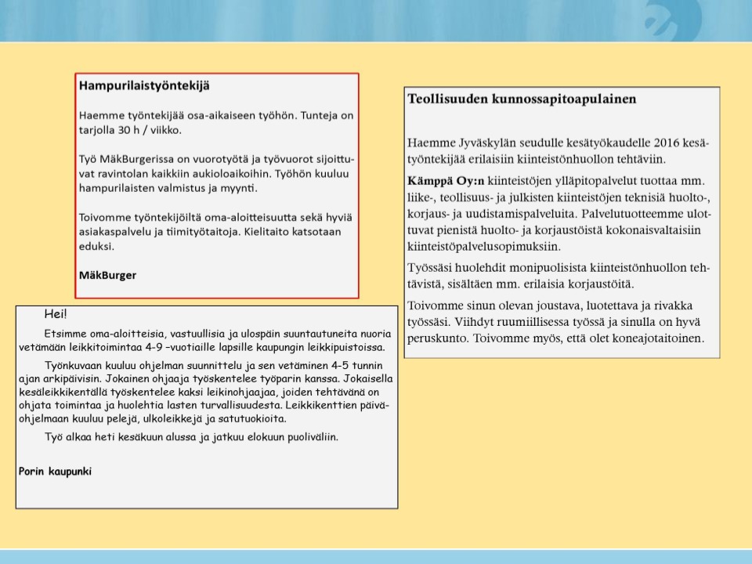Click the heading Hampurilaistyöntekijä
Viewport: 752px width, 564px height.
point(144,85)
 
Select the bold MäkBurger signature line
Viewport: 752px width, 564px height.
point(107,275)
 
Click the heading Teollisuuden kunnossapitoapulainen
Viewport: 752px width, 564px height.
point(522,99)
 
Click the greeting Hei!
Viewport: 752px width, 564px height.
point(56,315)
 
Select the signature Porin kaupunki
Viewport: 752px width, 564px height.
point(55,471)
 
